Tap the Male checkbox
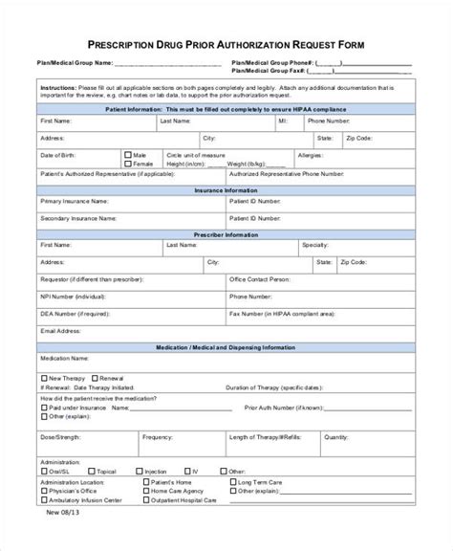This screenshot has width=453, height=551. tap(128, 154)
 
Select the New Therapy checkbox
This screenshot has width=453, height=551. tap(43, 376)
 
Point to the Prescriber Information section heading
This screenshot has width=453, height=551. tap(226, 232)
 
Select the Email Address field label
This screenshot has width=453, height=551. tap(59, 331)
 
